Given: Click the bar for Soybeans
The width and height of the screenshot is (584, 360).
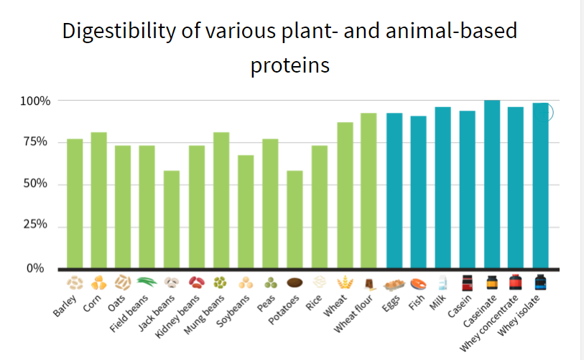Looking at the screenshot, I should coord(246,211).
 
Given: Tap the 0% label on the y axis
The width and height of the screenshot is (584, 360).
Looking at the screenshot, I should coord(36,269).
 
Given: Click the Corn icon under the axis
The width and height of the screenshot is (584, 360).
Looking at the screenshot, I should coord(99,282).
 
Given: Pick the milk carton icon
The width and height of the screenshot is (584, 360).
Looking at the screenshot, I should coord(442,282).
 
